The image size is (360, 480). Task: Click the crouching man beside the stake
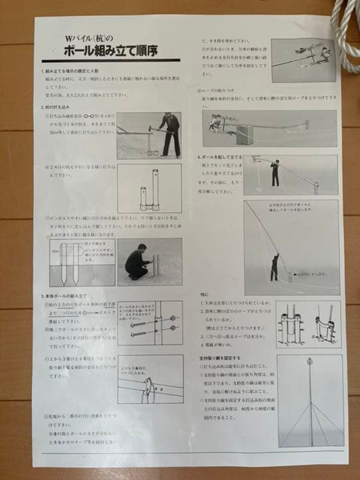(137, 262)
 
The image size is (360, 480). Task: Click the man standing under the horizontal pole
(275, 174)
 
